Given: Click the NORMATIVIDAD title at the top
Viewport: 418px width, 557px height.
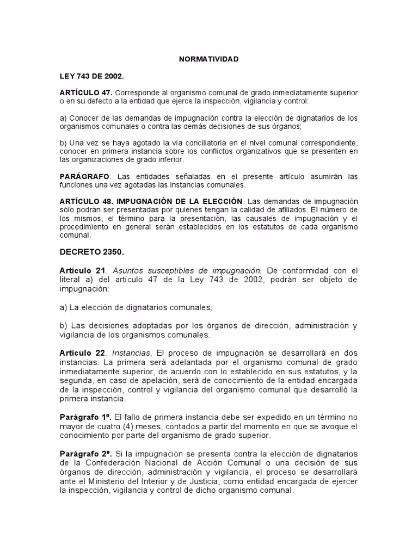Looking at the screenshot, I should click(x=209, y=59).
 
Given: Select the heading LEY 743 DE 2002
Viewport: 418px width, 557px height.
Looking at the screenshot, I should click(x=88, y=76).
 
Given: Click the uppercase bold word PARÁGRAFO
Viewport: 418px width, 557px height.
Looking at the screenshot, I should click(x=84, y=177).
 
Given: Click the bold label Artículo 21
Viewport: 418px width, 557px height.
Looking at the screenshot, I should click(x=82, y=270).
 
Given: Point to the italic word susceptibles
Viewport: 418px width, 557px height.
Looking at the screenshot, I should click(x=167, y=270).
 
